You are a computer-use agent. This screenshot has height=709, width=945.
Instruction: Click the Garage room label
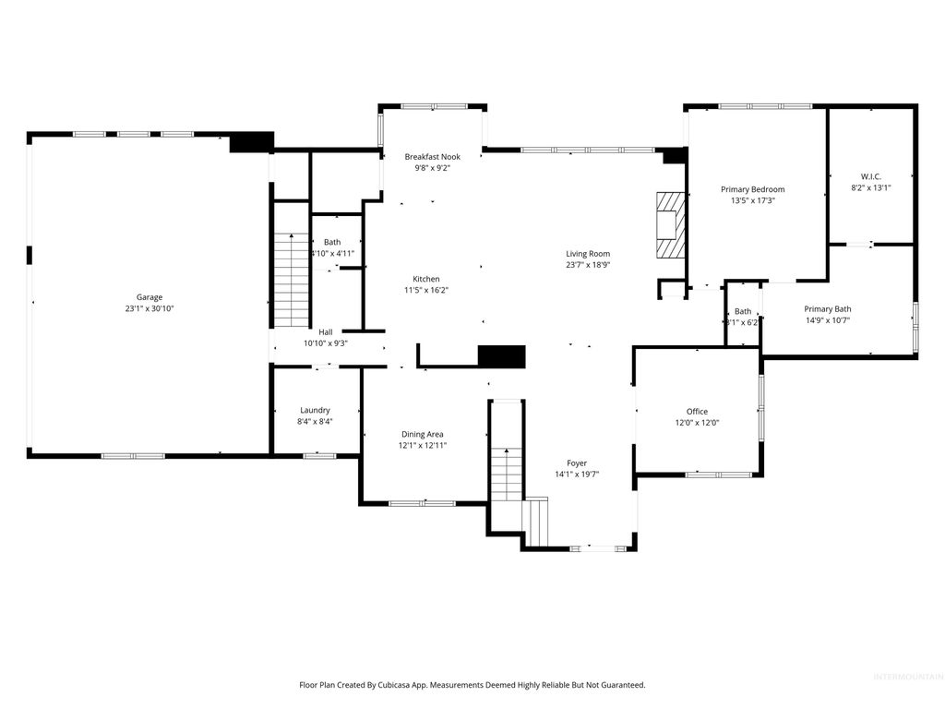[150, 297]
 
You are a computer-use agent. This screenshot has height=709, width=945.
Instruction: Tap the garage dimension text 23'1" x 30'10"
[150, 308]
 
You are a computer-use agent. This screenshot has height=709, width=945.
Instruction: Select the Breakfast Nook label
[432, 157]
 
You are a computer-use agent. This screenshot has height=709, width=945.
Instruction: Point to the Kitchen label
[426, 279]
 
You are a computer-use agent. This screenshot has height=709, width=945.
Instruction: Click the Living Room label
[588, 254]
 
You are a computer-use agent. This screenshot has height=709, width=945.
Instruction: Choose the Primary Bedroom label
[752, 189]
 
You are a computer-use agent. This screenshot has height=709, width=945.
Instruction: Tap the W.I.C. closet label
[870, 175]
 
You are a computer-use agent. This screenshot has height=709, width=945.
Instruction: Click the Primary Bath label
[827, 309]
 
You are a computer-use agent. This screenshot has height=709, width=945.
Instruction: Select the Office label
[697, 412]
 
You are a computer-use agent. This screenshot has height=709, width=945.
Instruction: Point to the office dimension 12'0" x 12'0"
[697, 423]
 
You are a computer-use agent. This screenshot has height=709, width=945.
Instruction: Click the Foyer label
[577, 463]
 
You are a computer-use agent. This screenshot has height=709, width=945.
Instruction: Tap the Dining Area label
[422, 434]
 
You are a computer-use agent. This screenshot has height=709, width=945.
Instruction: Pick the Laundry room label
[315, 410]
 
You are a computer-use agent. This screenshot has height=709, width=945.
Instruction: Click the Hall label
[326, 332]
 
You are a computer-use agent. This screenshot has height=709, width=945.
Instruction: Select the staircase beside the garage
[292, 279]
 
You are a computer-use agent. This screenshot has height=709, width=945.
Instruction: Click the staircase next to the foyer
[506, 474]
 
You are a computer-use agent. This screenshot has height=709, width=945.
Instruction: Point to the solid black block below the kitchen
[501, 356]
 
